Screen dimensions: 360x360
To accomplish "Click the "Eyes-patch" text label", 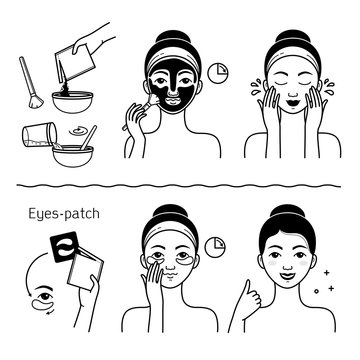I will (45, 188).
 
